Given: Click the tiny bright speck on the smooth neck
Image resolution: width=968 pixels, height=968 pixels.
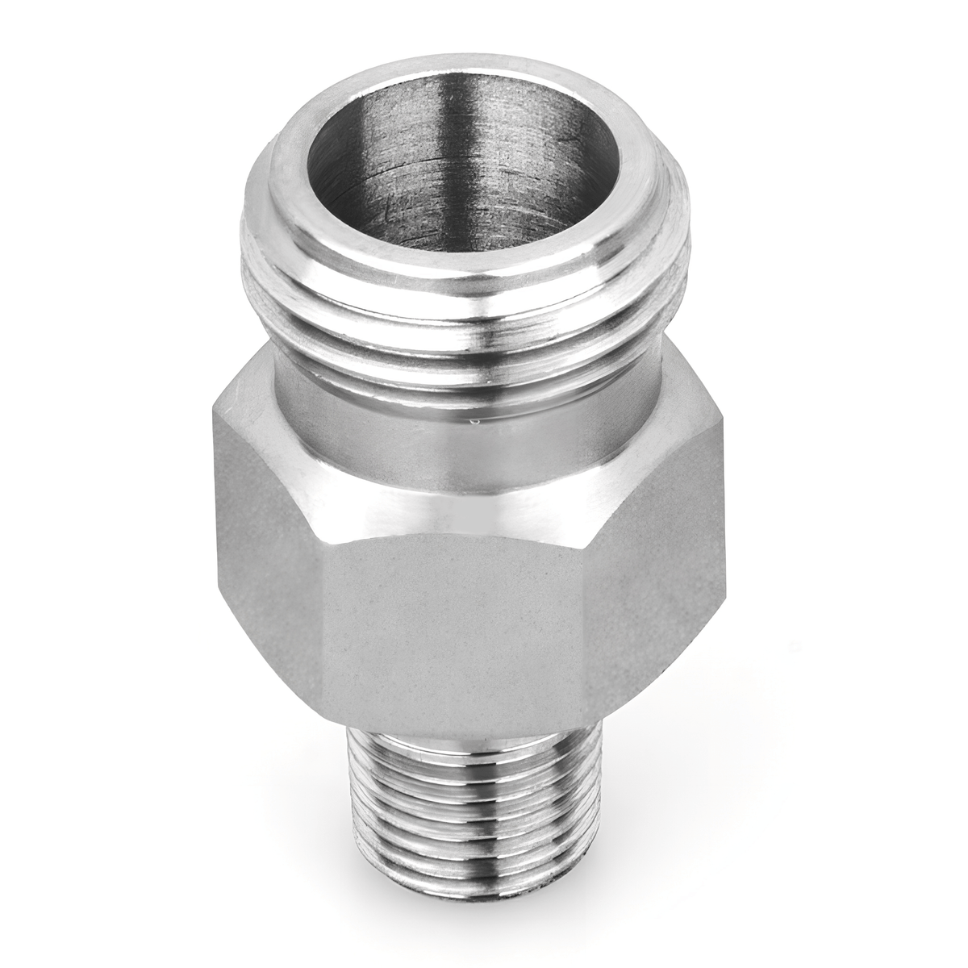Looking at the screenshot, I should click(x=476, y=419).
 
